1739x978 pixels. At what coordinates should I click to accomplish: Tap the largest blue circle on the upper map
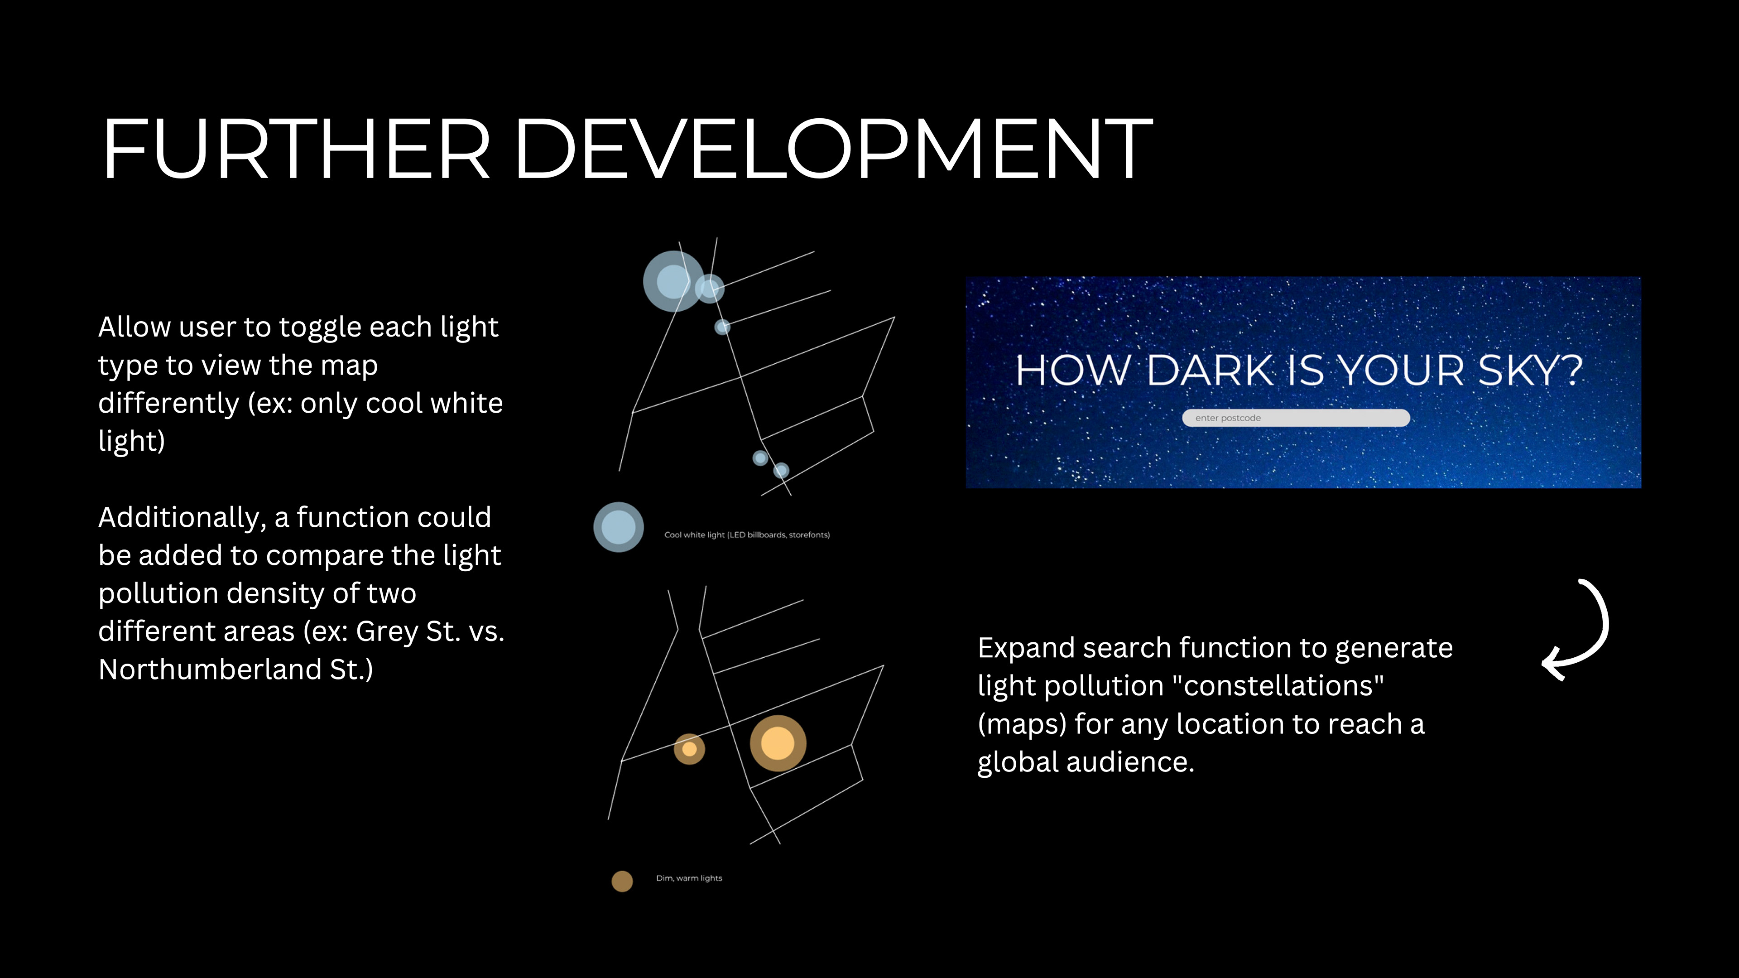(673, 281)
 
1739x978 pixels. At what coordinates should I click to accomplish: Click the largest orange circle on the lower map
(778, 743)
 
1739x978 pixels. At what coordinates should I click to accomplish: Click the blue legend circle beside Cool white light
(618, 527)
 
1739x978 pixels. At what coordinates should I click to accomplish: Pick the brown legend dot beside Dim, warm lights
(622, 881)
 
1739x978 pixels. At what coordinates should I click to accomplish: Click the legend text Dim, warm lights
(688, 878)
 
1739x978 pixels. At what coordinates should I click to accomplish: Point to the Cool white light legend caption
(747, 535)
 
